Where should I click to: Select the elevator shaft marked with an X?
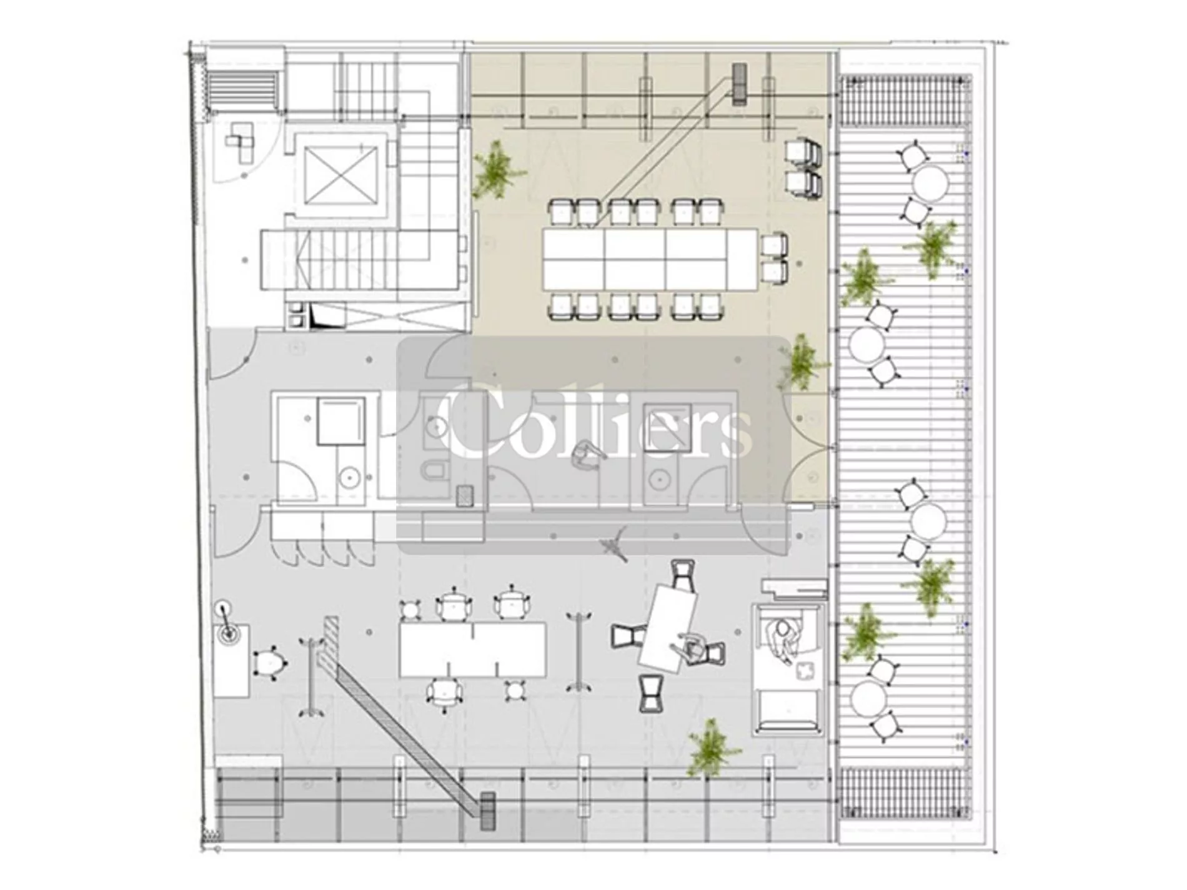341,176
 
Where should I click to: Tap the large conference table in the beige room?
650,259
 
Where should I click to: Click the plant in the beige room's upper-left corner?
497,169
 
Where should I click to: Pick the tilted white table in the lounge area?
668,628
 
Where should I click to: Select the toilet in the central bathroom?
434,470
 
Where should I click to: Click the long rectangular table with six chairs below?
473,650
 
